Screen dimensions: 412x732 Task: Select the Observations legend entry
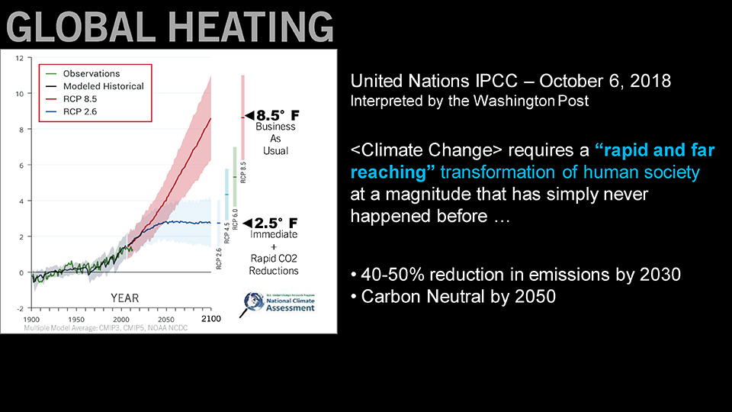91,73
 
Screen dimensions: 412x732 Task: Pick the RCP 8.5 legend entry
81,99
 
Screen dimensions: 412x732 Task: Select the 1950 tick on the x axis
75,319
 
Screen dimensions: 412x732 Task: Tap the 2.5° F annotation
274,224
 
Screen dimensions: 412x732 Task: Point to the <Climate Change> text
405,151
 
